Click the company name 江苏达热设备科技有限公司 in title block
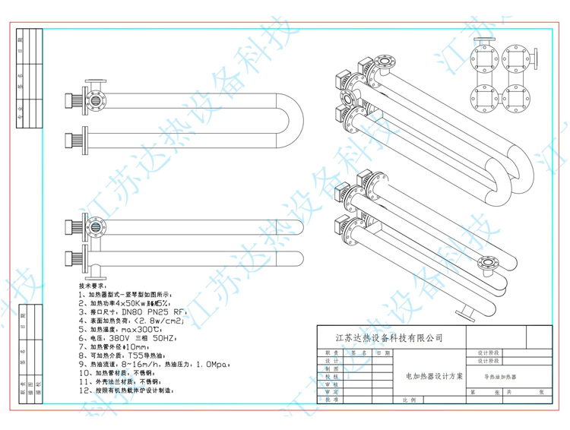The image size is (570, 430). coord(388,338)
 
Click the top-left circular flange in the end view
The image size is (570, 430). coord(483,57)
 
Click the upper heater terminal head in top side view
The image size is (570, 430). coord(74,100)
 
